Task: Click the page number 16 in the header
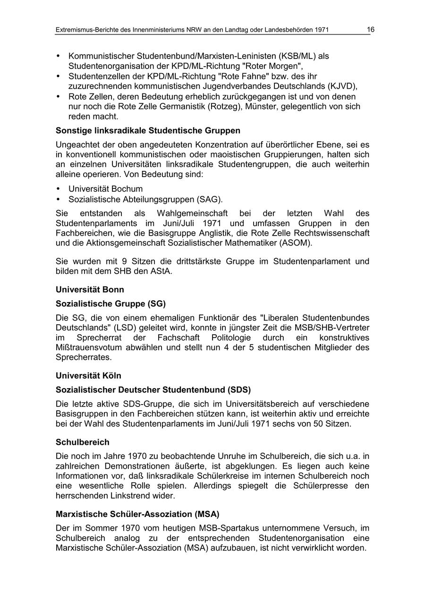[370, 30]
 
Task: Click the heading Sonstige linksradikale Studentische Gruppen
[148, 130]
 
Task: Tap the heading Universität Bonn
[90, 289]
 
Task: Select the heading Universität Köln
[88, 376]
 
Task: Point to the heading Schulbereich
[82, 442]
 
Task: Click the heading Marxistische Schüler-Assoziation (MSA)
[137, 514]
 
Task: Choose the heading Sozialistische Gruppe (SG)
[110, 304]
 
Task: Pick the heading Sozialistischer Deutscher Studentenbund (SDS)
[153, 390]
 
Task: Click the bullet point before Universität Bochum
[58, 189]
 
